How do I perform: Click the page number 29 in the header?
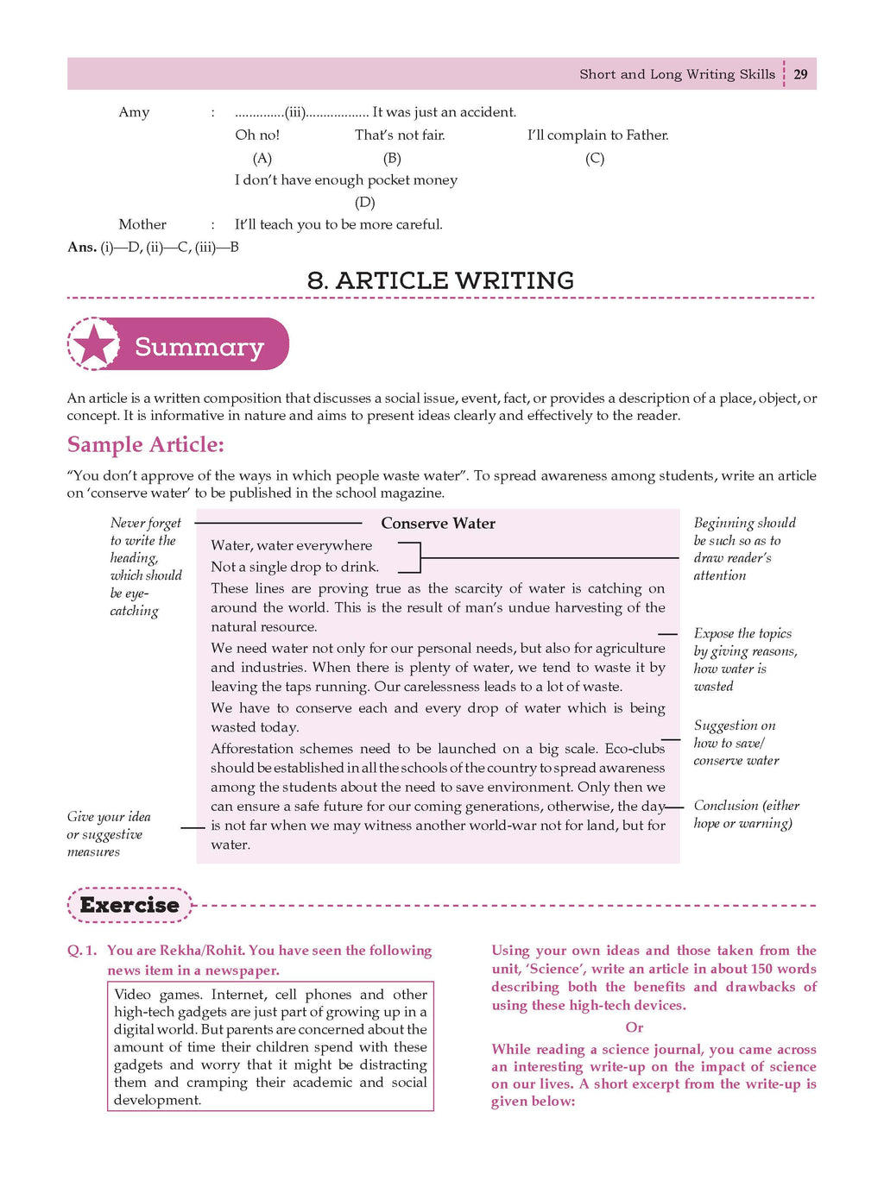(x=801, y=74)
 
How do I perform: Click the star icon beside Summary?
(x=95, y=345)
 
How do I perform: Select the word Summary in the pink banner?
(x=199, y=347)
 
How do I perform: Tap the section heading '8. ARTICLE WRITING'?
(x=440, y=280)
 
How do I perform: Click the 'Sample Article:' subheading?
(x=145, y=444)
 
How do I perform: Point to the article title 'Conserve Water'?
(x=438, y=523)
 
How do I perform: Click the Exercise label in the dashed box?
(x=129, y=905)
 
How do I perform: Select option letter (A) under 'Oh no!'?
(x=262, y=158)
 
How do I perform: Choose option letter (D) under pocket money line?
(x=365, y=202)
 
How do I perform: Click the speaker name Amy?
(x=134, y=112)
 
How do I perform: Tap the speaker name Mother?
(x=142, y=224)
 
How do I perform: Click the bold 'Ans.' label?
(x=82, y=247)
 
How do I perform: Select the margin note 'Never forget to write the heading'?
(x=146, y=566)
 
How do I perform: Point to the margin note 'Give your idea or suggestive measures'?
(x=109, y=833)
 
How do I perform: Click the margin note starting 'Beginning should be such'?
(x=744, y=549)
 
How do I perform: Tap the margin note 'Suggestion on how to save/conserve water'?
(x=736, y=743)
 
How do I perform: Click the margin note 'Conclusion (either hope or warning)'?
(x=746, y=813)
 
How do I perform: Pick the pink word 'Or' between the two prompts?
(x=635, y=1027)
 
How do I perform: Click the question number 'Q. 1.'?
(x=82, y=951)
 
